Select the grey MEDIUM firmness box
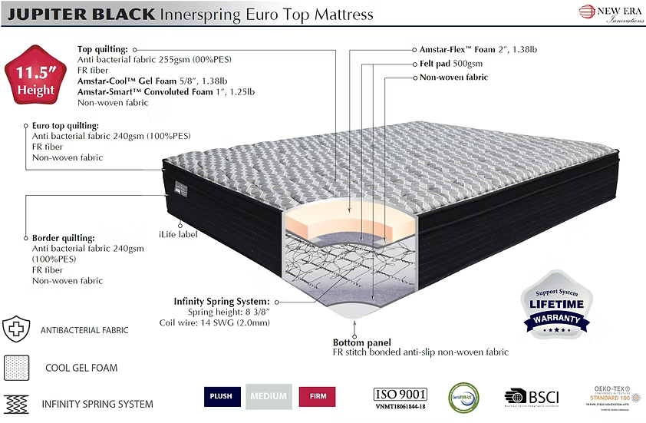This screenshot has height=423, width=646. tap(269, 396)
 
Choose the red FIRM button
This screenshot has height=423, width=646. tap(317, 396)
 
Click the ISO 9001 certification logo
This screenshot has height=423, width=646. tap(399, 397)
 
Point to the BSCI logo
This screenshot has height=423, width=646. tap(532, 397)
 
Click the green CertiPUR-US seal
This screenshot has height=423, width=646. tap(463, 397)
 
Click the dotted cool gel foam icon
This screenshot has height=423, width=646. tap(16, 367)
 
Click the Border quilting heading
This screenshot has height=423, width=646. tap(63, 238)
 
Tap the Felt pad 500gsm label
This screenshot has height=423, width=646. tap(450, 64)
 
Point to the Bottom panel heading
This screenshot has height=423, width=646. tap(361, 342)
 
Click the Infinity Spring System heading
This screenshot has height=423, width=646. tap(222, 302)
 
